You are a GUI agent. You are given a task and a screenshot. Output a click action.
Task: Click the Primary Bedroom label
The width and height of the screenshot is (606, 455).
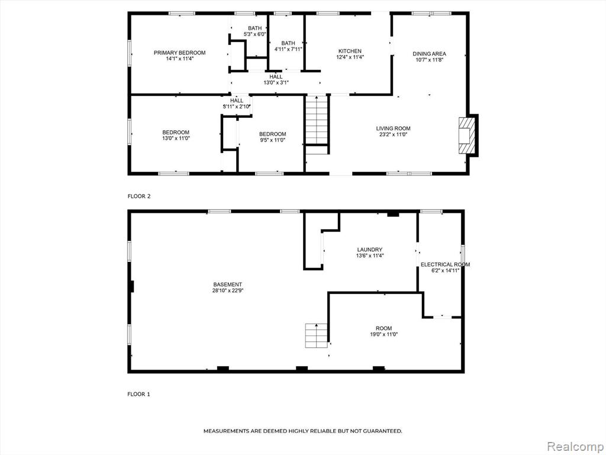180,53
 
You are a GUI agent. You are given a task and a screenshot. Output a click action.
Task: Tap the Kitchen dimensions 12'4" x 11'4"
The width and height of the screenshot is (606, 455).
350,57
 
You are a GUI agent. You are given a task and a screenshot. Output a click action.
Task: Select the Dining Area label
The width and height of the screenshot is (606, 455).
430,54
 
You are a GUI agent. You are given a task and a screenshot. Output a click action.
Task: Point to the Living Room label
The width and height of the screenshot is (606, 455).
394,129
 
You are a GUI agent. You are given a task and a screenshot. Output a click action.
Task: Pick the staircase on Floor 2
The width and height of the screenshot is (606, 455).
317,120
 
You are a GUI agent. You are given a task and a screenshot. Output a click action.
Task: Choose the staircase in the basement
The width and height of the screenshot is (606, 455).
317,335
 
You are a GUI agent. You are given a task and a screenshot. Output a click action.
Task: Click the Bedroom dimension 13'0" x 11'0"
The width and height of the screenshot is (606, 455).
176,138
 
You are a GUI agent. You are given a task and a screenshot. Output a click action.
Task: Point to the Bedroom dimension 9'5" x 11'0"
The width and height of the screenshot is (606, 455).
272,140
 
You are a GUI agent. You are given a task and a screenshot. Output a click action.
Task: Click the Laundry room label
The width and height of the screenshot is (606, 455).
370,249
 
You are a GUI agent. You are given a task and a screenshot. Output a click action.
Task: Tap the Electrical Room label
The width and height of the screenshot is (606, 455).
445,265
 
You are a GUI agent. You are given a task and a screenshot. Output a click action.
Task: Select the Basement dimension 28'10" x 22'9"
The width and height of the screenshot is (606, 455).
228,290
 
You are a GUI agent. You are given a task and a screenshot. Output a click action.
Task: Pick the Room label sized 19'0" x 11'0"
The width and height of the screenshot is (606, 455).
383,328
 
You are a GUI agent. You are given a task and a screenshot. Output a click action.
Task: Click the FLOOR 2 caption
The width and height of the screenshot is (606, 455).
139,196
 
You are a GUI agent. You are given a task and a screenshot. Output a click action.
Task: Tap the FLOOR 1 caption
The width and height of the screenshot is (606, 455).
138,394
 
